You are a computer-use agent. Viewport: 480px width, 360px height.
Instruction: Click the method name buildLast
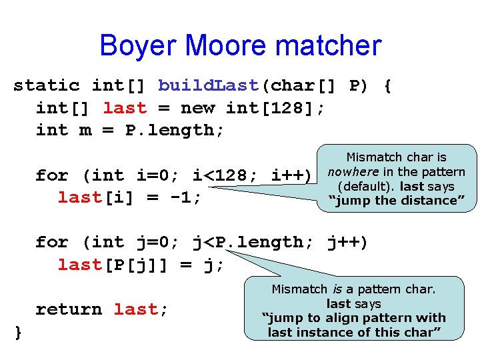pyautogui.click(x=208, y=85)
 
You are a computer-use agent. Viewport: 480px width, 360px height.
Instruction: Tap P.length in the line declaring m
pyautogui.click(x=169, y=131)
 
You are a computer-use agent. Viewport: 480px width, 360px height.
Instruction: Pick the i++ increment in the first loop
pyautogui.click(x=287, y=176)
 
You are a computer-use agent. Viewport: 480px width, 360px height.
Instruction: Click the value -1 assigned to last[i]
pyautogui.click(x=187, y=198)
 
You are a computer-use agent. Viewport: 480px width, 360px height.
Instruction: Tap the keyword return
pyautogui.click(x=69, y=309)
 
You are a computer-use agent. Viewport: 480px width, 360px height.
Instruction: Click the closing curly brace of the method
pyautogui.click(x=18, y=332)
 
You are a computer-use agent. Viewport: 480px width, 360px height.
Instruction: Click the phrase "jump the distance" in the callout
pyautogui.click(x=396, y=200)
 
